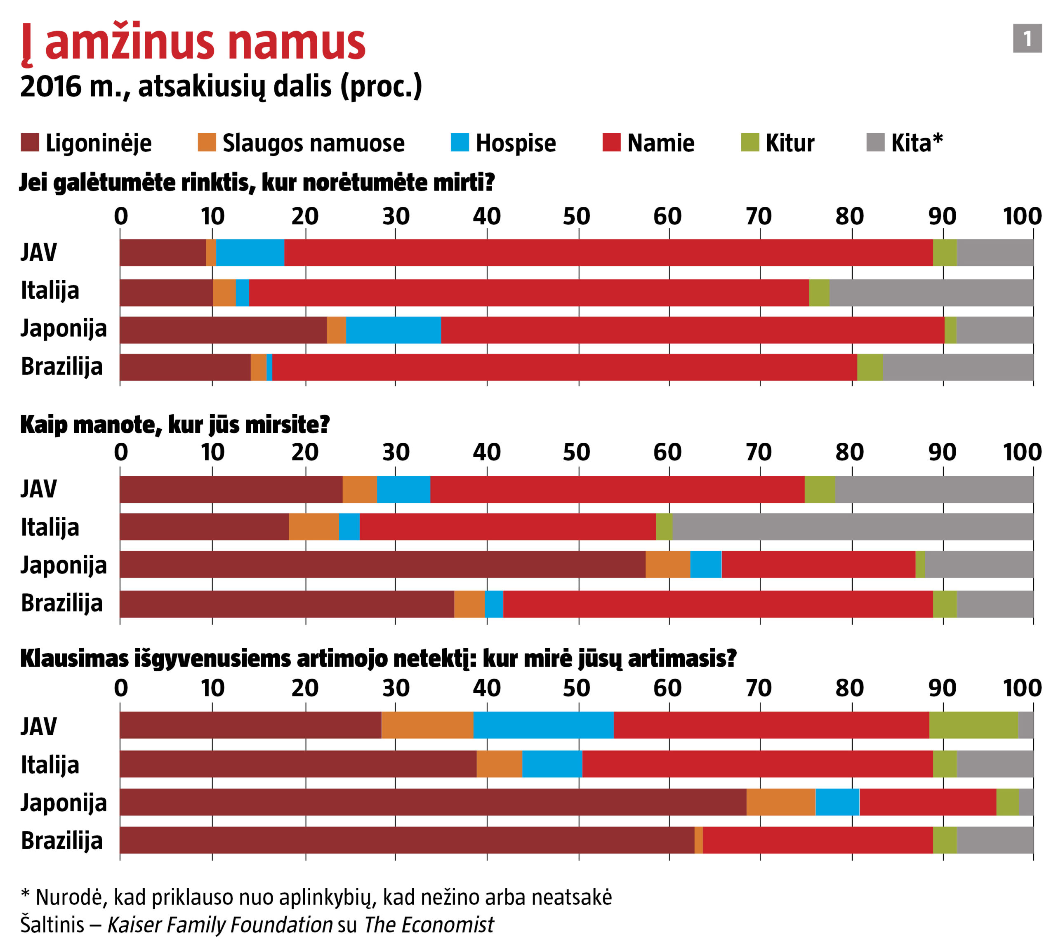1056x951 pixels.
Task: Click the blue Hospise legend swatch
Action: (x=459, y=143)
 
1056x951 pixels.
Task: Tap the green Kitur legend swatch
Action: (x=750, y=143)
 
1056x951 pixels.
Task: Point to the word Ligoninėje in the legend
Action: (x=98, y=143)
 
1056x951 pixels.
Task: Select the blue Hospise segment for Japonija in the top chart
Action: (x=393, y=330)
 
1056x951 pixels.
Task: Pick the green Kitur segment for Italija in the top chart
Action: (x=819, y=292)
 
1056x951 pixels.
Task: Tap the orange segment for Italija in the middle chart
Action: (x=313, y=527)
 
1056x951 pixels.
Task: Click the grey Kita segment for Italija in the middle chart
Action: (x=852, y=527)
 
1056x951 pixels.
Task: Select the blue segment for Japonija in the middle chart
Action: (x=705, y=564)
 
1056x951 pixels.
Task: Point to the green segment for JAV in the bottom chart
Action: (x=973, y=725)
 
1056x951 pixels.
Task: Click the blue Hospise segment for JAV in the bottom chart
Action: (x=543, y=725)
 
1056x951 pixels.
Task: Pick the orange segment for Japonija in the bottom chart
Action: (x=780, y=802)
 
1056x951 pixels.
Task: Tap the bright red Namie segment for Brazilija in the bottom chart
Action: (x=817, y=840)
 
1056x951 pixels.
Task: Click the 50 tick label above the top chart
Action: (x=576, y=216)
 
